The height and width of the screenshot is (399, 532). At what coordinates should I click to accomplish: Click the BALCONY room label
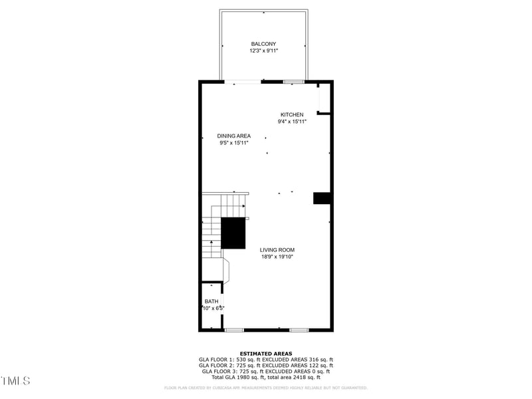[x=263, y=44]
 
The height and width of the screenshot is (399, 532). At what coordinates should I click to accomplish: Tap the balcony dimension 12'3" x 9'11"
[x=263, y=51]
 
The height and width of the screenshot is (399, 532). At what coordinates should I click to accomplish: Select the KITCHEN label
[x=292, y=115]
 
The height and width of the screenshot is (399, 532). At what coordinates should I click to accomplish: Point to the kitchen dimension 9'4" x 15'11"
[x=292, y=122]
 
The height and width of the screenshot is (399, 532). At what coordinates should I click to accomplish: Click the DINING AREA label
[x=233, y=136]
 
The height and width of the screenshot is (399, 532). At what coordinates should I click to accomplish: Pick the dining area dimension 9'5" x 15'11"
[x=233, y=143]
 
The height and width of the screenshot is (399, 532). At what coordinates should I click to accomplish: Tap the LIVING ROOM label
[x=277, y=250]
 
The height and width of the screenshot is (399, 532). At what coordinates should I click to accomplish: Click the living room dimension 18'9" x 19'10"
[x=277, y=257]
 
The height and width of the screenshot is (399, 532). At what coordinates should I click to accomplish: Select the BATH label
[x=211, y=301]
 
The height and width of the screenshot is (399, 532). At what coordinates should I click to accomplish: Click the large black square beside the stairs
[x=233, y=233]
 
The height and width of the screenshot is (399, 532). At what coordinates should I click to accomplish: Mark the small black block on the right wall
[x=323, y=198]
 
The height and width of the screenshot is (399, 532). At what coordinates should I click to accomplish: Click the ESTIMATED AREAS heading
[x=266, y=354]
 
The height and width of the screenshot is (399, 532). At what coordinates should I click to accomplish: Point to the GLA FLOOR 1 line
[x=266, y=360]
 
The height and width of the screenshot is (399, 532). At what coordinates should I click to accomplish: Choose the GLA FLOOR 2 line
[x=266, y=366]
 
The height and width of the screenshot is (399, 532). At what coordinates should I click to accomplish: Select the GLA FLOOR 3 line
[x=266, y=372]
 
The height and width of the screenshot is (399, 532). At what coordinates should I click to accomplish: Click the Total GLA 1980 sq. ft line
[x=266, y=378]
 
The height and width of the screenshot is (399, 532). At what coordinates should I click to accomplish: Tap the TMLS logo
[x=15, y=381]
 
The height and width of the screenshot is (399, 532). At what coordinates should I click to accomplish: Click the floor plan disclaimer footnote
[x=266, y=388]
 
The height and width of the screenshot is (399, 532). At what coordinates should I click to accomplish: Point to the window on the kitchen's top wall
[x=293, y=82]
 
